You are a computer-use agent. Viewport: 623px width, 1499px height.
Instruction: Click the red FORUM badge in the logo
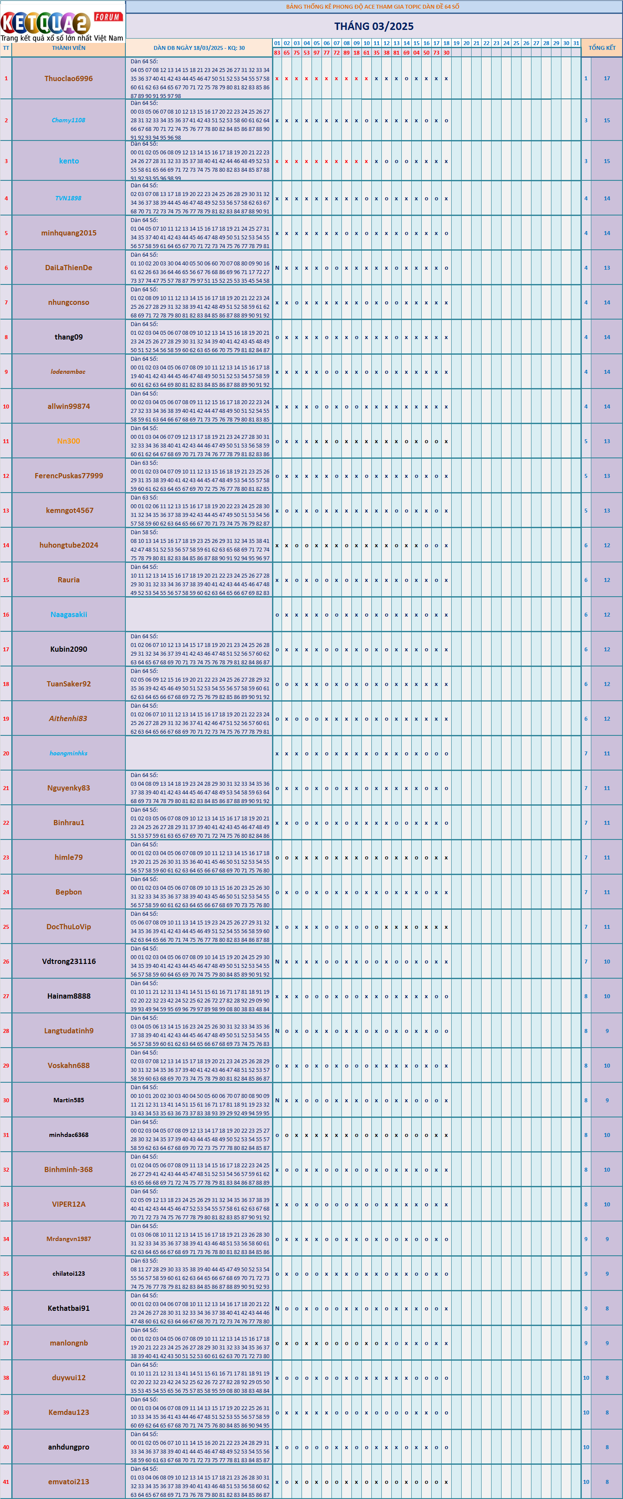click(x=108, y=17)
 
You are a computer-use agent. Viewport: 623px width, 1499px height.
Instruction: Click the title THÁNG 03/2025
click(x=374, y=26)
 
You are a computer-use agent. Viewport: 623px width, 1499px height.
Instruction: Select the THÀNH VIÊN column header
click(x=69, y=48)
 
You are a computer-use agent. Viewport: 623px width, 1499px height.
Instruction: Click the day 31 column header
click(x=576, y=43)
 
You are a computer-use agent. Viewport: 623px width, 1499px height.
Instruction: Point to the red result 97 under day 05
click(x=317, y=52)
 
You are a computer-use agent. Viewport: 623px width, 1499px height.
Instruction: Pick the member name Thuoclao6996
click(x=69, y=78)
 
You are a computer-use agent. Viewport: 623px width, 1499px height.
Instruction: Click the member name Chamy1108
click(x=69, y=121)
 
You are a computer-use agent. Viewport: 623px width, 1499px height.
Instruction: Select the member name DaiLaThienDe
click(x=69, y=268)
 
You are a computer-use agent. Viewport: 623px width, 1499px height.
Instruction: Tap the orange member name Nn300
click(x=69, y=441)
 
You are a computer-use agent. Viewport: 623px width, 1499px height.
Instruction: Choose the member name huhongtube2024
click(x=69, y=545)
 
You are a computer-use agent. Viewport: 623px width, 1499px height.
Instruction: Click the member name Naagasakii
click(x=69, y=614)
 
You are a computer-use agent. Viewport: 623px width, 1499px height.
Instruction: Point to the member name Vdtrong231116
click(x=69, y=961)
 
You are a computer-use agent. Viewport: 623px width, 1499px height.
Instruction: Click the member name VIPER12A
click(x=69, y=1204)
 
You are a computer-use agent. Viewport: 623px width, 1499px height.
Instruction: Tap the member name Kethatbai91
click(x=69, y=1308)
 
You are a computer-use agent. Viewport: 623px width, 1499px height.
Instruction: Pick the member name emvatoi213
click(x=69, y=1482)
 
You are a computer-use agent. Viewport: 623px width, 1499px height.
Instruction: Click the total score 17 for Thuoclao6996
click(x=607, y=78)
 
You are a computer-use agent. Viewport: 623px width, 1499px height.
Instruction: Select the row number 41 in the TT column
click(x=6, y=1482)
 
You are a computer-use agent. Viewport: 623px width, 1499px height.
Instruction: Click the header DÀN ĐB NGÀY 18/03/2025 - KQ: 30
click(x=199, y=48)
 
